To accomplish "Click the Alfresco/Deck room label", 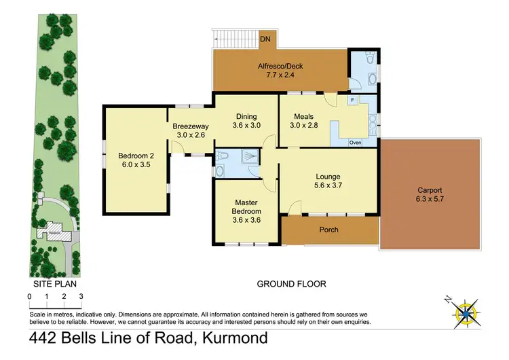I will click(x=279, y=67).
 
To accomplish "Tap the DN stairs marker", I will click(x=267, y=40).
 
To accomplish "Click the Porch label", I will click(x=329, y=230).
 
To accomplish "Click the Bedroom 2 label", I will click(x=134, y=154).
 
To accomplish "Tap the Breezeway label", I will click(x=190, y=126).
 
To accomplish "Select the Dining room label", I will click(x=246, y=116).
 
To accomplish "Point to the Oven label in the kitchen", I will click(x=355, y=143).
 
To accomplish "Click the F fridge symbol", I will click(x=353, y=101).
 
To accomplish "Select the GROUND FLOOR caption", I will click(x=292, y=284).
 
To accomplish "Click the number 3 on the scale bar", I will click(x=81, y=296).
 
